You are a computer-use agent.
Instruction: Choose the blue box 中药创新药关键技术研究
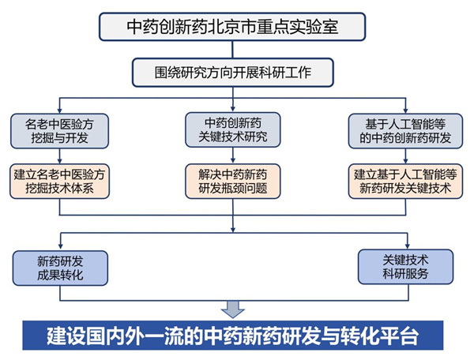(x=232, y=129)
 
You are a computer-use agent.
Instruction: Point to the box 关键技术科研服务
(x=406, y=268)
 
